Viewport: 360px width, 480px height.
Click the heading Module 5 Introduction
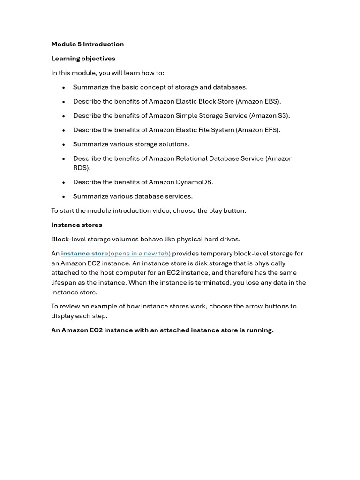click(x=88, y=44)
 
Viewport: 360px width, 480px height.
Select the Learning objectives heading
click(x=83, y=59)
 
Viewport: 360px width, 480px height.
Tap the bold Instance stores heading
click(x=76, y=225)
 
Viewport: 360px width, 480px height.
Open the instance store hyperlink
click(x=84, y=254)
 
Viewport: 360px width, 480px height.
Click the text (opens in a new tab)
click(x=139, y=254)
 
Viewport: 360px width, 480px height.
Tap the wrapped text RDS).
click(x=82, y=168)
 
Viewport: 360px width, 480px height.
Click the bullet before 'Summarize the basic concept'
click(x=63, y=88)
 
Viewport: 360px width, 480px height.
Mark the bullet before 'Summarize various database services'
click(x=63, y=197)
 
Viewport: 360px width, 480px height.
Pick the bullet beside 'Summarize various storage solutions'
click(x=63, y=145)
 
